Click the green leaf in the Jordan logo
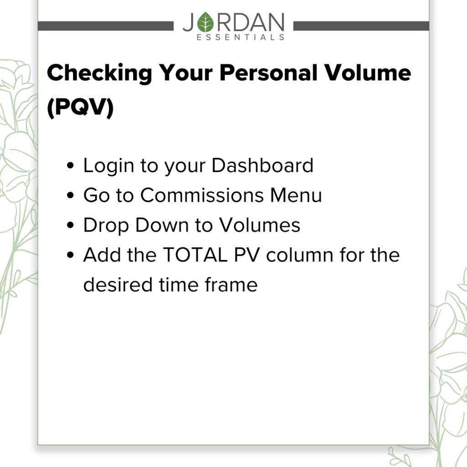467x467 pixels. [206, 22]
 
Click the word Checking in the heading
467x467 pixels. [99, 73]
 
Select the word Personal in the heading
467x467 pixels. [268, 73]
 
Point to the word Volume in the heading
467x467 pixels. [368, 73]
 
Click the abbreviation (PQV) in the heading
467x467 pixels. [80, 107]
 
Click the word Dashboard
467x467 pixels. [262, 165]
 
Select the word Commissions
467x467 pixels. [202, 195]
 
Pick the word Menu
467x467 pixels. [296, 195]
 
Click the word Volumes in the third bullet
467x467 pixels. [259, 225]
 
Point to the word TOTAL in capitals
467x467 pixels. [195, 255]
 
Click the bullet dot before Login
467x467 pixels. [70, 165]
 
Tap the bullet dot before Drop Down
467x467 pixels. [70, 225]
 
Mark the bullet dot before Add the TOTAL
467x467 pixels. [70, 255]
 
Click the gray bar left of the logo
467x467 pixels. [106, 26]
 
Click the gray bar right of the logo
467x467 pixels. [361, 26]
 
